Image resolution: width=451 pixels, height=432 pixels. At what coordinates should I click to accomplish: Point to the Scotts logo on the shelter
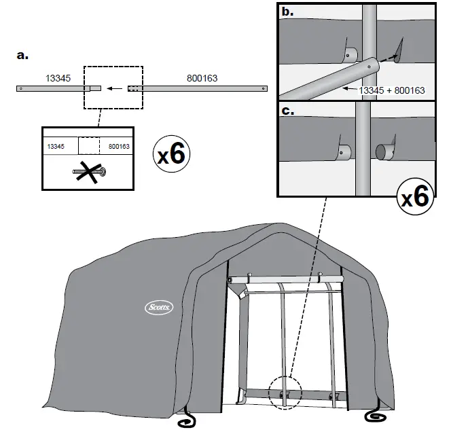tap(159, 308)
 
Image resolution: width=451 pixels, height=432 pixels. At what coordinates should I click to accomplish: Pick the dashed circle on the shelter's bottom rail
tap(284, 393)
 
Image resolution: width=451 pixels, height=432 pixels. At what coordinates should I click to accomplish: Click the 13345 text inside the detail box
tap(56, 146)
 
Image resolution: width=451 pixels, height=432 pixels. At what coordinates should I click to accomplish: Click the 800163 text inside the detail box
tap(119, 146)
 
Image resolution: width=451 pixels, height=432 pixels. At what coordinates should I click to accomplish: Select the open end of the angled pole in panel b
tap(371, 67)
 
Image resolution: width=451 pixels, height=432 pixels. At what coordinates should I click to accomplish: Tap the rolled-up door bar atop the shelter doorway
tap(285, 280)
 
